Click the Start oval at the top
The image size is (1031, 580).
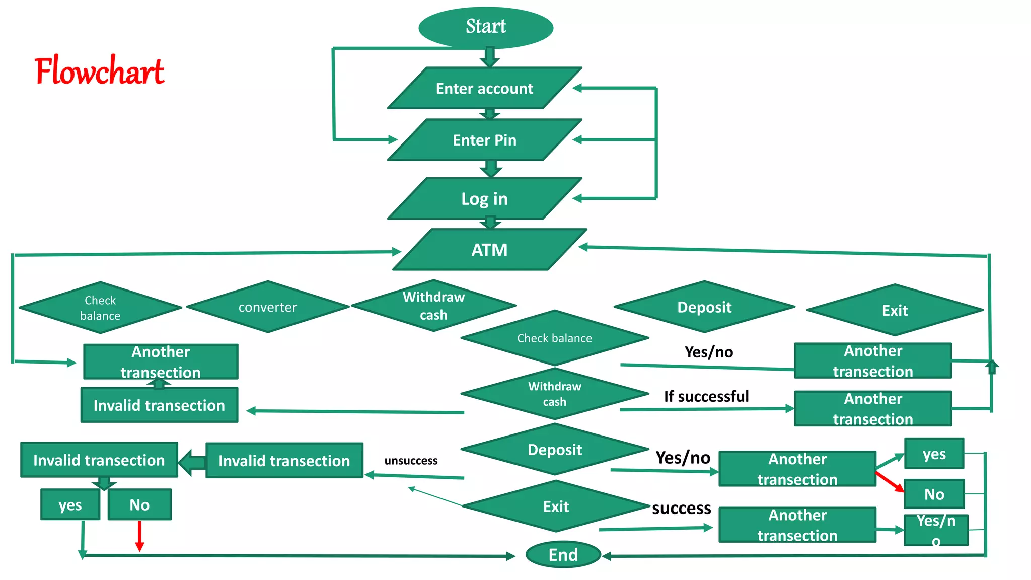click(486, 27)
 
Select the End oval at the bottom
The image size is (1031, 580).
click(563, 555)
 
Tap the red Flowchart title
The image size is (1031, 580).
click(99, 71)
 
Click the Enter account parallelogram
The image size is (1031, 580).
click(484, 89)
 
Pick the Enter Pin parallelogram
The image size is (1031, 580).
click(484, 140)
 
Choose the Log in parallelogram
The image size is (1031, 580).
click(484, 199)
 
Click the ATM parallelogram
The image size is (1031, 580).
click(489, 250)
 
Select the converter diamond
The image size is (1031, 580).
click(267, 307)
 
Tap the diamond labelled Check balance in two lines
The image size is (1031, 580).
click(100, 308)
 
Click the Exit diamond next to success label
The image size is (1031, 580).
click(556, 506)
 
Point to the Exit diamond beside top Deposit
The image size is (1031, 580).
click(895, 310)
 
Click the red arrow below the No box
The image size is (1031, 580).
click(139, 537)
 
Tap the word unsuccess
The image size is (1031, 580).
click(411, 461)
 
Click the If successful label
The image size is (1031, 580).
click(706, 396)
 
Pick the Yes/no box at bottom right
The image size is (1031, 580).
click(936, 530)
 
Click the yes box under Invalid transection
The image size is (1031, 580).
click(70, 504)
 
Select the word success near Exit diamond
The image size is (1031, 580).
click(682, 508)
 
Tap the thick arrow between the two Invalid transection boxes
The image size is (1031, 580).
click(192, 462)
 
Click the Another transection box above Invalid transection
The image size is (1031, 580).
click(161, 361)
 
